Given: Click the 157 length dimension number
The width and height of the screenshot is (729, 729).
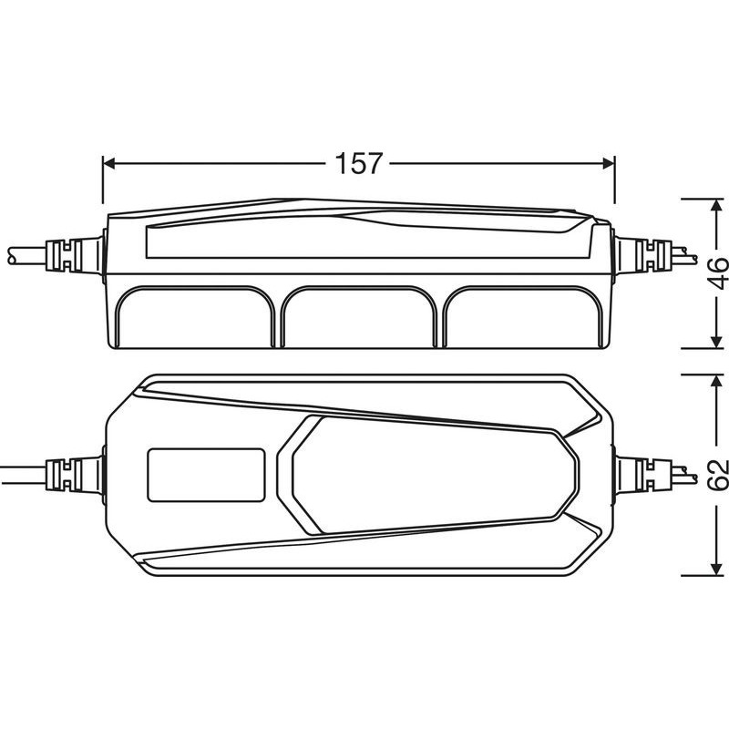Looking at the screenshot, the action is tap(358, 163).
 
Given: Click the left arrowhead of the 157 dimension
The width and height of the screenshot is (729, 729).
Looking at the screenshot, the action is tap(108, 163).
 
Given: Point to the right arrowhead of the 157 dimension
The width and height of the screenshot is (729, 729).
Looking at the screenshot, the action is tap(609, 163).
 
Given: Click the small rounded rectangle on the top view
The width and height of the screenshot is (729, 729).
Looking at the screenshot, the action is tap(207, 475).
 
